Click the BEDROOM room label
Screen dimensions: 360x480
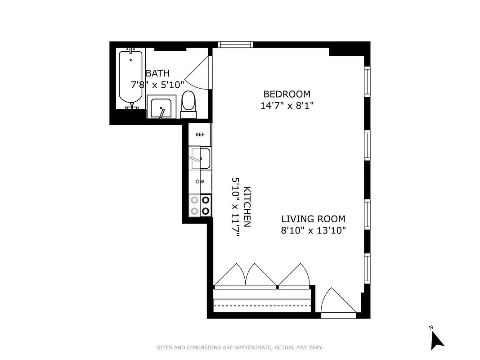coord(287,94)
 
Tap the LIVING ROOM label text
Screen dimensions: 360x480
coord(313,219)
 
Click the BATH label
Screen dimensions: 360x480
coord(157,73)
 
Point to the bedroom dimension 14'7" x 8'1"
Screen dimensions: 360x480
coord(287,106)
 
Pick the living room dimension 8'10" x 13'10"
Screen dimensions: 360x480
coord(313,231)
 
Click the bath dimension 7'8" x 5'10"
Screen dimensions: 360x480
coord(157,84)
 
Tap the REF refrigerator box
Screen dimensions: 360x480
coord(200,135)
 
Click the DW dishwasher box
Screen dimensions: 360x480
coord(200,182)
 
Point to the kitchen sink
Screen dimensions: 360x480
coord(200,158)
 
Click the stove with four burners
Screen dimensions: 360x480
coord(200,205)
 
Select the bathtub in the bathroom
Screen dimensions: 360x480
coord(130,79)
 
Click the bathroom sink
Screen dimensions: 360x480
coord(160,108)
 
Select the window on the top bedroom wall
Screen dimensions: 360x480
coord(235,44)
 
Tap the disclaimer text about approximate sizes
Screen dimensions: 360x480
coord(239,347)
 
